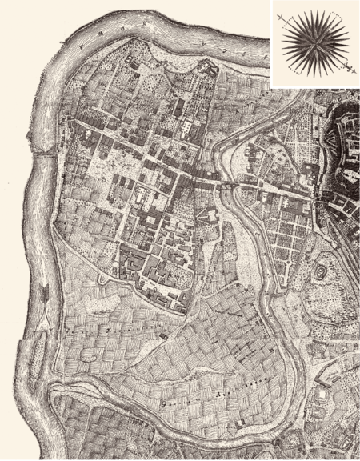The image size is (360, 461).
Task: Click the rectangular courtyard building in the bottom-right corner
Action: [323, 392]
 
